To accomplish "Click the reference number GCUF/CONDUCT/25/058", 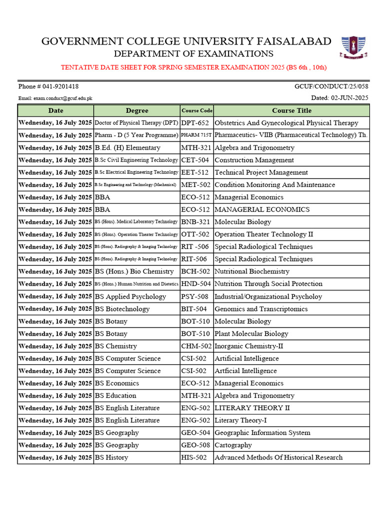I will tap(331, 86).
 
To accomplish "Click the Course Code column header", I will tap(196, 110).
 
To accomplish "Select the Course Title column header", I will tap(291, 110).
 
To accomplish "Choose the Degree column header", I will tap(136, 110).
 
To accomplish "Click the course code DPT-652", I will tap(195, 123).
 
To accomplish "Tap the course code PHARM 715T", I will tap(196, 135).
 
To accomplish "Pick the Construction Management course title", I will tap(254, 160).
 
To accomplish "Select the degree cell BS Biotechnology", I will tap(122, 309).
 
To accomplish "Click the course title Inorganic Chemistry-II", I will tap(248, 346).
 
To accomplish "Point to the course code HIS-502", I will tap(194, 457).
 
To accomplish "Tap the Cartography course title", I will tap(233, 445).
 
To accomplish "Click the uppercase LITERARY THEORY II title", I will tap(252, 408).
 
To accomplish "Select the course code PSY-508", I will tap(194, 296).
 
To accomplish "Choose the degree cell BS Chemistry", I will tap(116, 346).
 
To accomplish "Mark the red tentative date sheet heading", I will tap(193, 67).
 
